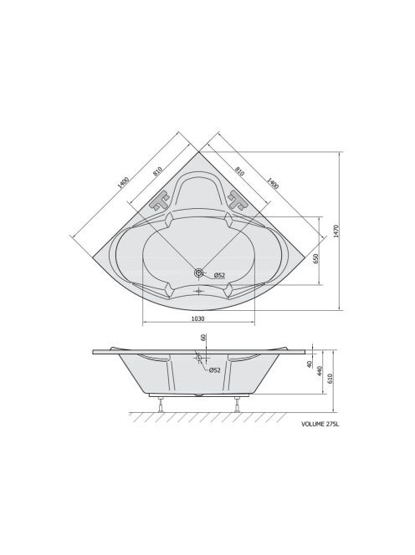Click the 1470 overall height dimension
(336, 232)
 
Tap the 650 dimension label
(316, 259)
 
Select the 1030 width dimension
(197, 318)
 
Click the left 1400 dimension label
(123, 182)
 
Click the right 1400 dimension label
(272, 183)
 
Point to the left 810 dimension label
(157, 171)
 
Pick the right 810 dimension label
(240, 171)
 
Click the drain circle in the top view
(199, 272)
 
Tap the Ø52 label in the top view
(219, 275)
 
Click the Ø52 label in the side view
(214, 370)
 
